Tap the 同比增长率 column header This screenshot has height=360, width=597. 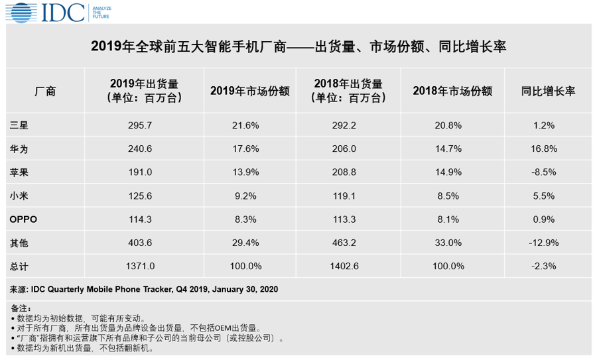[548, 91]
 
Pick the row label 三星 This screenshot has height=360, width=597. [19, 125]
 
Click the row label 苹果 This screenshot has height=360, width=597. [19, 172]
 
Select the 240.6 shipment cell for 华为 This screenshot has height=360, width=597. [140, 149]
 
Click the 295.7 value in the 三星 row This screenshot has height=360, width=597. [140, 125]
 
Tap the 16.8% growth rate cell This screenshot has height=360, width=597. [548, 149]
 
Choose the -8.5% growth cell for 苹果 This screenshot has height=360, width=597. [548, 172]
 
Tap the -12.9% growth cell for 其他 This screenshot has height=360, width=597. [548, 243]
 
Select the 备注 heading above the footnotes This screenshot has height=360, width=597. [21, 308]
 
